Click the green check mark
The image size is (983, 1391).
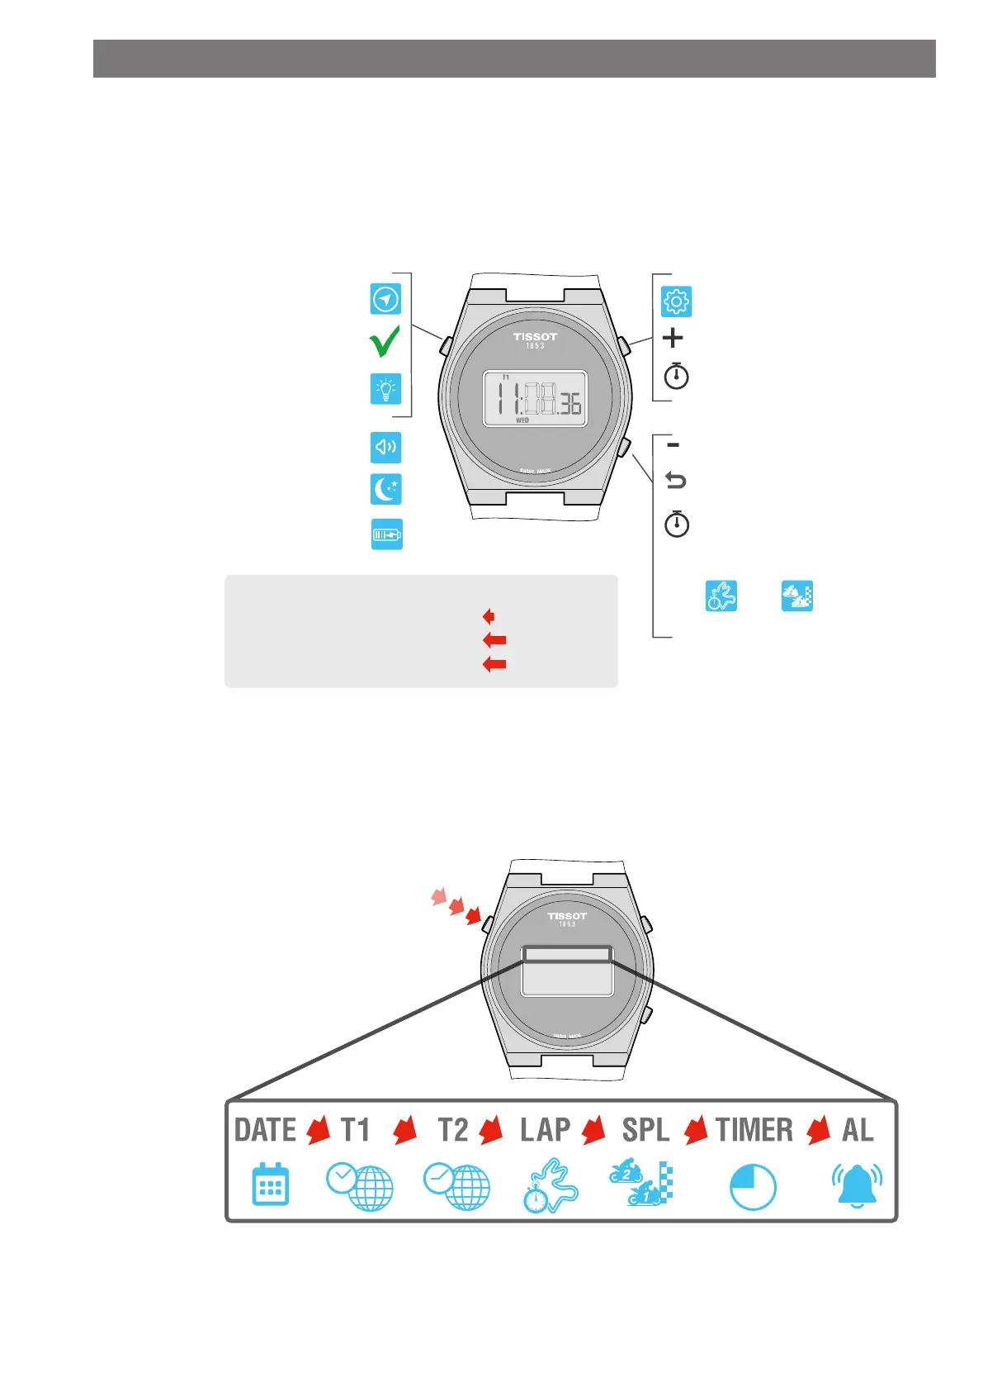(x=385, y=341)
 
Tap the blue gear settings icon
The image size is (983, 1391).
(x=676, y=301)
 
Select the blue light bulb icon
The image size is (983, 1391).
(x=385, y=388)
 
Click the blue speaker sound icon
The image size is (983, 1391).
(x=385, y=448)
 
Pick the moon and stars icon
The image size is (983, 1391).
(x=385, y=489)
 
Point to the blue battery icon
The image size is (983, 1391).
(x=386, y=534)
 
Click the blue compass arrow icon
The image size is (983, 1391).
(x=385, y=298)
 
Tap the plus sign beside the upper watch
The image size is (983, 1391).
(x=673, y=338)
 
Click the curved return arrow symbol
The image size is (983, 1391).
(x=675, y=480)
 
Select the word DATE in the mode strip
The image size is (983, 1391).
(x=265, y=1130)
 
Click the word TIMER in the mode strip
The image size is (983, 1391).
(x=754, y=1130)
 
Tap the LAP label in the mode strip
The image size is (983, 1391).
(x=545, y=1130)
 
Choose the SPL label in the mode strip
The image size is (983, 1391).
(x=645, y=1130)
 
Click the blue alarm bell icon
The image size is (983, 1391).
(x=857, y=1186)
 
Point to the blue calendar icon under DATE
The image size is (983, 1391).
(x=270, y=1185)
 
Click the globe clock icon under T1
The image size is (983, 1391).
(x=360, y=1187)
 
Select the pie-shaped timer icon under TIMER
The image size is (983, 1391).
(x=753, y=1188)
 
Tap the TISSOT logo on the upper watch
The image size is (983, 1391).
(x=535, y=337)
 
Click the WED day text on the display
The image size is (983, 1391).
(x=522, y=420)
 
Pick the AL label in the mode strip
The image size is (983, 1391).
(x=857, y=1130)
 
